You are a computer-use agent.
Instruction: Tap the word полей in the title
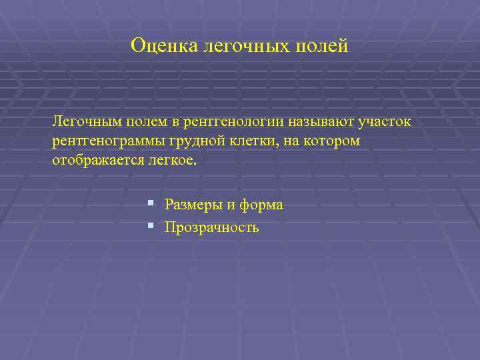[325, 45]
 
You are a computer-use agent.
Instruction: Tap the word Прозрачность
[211, 228]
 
